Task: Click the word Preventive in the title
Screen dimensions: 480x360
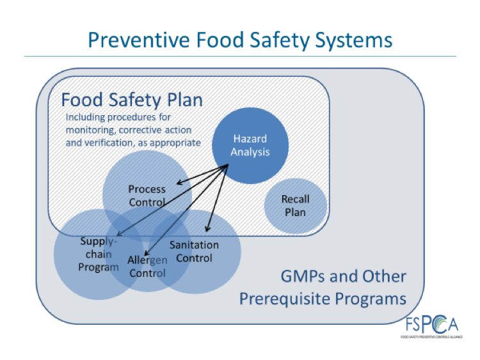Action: (x=139, y=40)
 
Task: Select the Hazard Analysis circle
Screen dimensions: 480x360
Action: (x=250, y=146)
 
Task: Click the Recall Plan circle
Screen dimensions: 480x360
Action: (x=296, y=206)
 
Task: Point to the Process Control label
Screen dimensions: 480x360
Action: (x=147, y=196)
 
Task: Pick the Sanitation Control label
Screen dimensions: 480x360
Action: (x=194, y=251)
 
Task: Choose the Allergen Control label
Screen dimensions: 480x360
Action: (x=147, y=267)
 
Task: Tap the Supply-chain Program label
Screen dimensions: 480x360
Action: (x=99, y=254)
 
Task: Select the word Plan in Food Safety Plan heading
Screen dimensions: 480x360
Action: (x=183, y=100)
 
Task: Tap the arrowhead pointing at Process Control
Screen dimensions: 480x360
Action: (x=179, y=184)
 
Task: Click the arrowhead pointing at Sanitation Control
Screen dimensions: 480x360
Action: (x=207, y=229)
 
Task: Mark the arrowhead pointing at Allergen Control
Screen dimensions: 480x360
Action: (x=146, y=253)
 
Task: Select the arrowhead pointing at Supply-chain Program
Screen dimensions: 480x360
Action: (x=119, y=234)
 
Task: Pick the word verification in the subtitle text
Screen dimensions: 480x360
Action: (x=106, y=143)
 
